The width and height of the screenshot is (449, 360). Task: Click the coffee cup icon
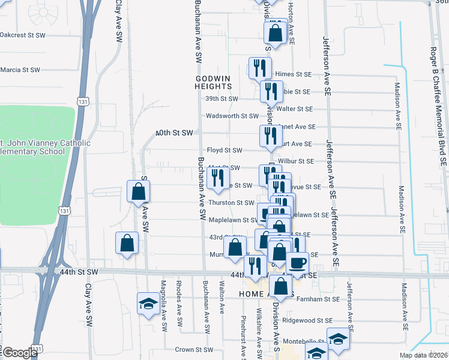(297, 262)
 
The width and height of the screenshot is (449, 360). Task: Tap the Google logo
(20, 353)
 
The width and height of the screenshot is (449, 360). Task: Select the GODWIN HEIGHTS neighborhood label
(212, 82)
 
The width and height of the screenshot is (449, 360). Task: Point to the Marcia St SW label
(20, 70)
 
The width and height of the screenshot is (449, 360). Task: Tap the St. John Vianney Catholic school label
(45, 147)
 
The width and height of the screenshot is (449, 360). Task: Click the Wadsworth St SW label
(232, 116)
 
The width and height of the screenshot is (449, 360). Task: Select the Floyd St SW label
(224, 150)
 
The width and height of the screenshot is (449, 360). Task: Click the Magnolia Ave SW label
(163, 305)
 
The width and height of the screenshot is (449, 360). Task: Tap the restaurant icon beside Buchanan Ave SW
(217, 177)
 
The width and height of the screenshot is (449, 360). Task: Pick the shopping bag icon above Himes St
(275, 33)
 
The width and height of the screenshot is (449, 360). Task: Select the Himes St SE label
(294, 74)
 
